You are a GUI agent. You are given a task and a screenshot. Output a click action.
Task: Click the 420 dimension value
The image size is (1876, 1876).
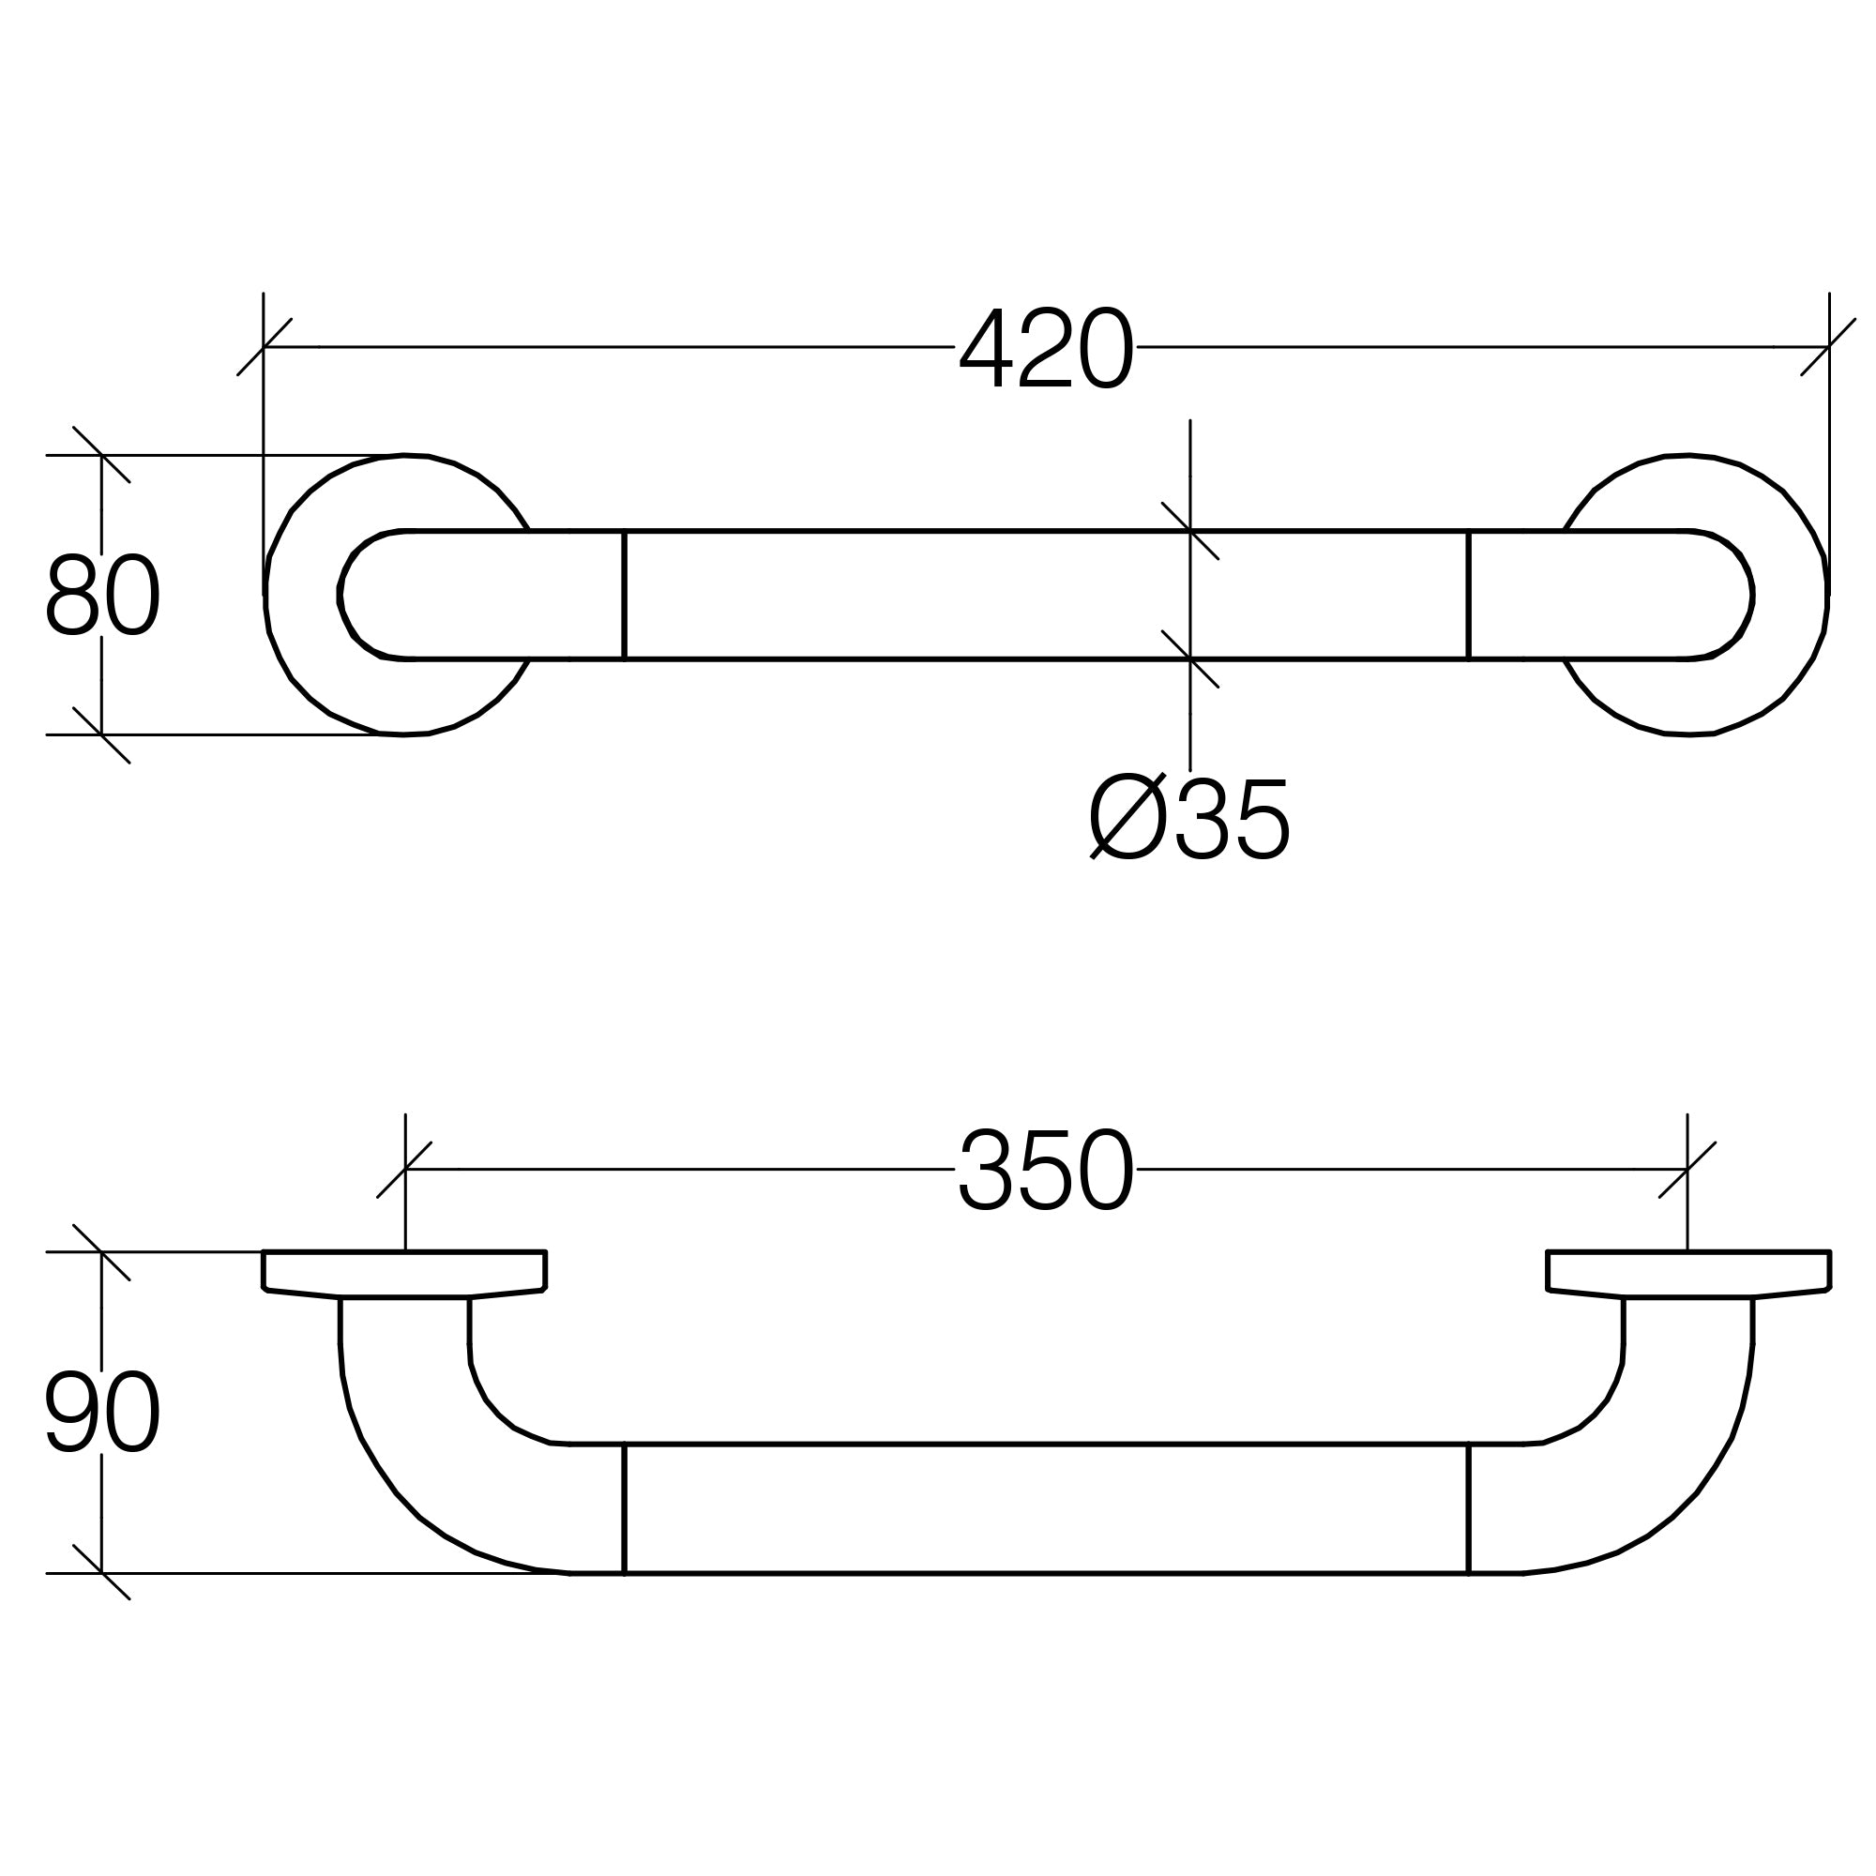tap(1046, 348)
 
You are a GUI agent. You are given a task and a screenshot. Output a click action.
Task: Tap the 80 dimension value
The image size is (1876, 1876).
tap(103, 595)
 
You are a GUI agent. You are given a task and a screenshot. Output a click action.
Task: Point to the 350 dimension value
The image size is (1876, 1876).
tap(1046, 1169)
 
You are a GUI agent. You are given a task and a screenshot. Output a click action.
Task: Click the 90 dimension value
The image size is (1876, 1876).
tap(103, 1411)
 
